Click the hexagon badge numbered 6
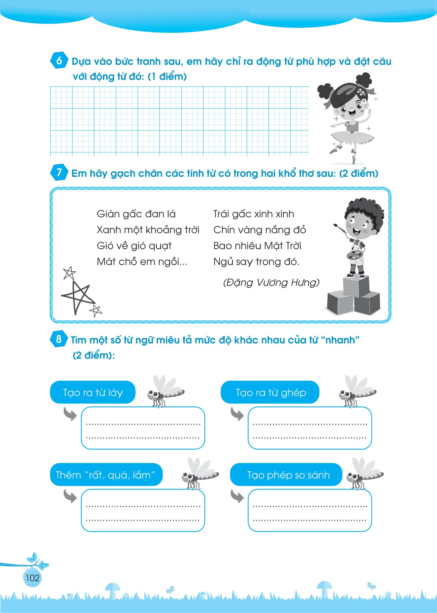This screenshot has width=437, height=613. coord(59,60)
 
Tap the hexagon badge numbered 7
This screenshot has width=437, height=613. coord(59,172)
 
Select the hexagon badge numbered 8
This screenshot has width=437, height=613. coord(59,339)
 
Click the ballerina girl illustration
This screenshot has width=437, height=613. coord(348,117)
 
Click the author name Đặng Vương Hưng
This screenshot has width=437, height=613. coord(271,283)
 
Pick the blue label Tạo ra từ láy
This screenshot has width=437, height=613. coord(93,392)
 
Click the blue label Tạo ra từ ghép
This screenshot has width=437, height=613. coord(270,392)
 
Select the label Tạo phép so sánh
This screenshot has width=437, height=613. coord(286,475)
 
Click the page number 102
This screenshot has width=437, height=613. coord(32,578)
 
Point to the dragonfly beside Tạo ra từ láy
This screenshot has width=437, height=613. coord(165,391)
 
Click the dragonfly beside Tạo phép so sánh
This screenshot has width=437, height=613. coord(365,474)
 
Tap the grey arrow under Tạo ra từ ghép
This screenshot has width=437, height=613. coord(237,414)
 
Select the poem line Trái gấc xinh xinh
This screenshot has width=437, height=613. coord(254,214)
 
